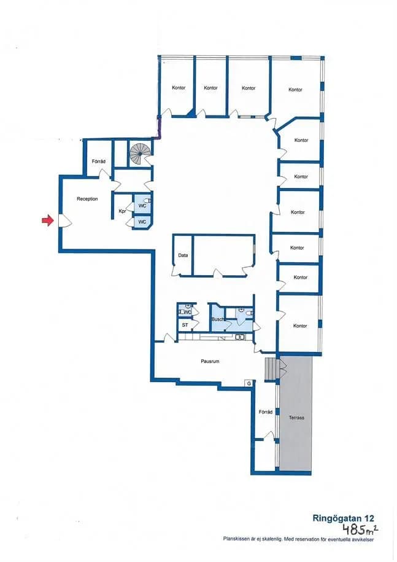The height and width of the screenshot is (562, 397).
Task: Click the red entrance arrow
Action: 47,221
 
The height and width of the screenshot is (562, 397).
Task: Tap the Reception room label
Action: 87,199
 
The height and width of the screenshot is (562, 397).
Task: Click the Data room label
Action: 183,256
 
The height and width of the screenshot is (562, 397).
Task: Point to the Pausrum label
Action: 210,361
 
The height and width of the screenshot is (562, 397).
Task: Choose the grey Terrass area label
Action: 296,418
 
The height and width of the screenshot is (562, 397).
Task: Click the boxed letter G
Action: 249,383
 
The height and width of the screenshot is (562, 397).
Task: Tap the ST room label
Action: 185,325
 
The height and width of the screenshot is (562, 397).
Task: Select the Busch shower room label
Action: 218,319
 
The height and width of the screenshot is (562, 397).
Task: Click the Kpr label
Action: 122,211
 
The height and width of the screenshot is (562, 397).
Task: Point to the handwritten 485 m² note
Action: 360,528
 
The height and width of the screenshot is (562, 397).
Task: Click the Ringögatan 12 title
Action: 343,518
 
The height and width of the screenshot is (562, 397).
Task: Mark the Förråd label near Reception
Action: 98,162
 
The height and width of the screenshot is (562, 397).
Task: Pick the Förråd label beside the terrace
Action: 266,412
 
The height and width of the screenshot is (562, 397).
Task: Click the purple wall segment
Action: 160,128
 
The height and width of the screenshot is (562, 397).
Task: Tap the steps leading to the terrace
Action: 271,368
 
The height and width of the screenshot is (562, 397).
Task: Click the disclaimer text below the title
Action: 298,539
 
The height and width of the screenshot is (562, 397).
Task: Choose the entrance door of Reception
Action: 65,221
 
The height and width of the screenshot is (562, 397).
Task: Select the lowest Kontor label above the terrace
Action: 300,326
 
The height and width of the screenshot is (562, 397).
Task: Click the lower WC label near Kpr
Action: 142,222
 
